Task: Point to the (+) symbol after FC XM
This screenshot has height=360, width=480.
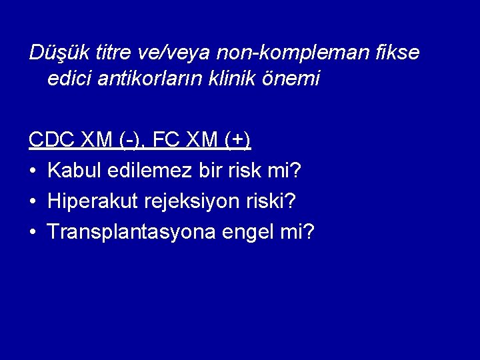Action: click(236, 141)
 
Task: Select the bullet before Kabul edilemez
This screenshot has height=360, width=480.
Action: click(33, 171)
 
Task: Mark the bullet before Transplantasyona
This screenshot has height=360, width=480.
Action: click(33, 233)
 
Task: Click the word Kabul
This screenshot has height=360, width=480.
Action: click(73, 171)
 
